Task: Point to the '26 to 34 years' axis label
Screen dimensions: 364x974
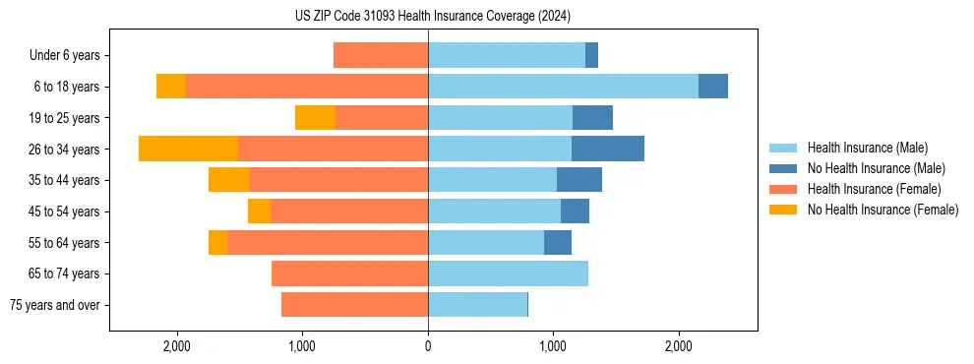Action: [x=65, y=150]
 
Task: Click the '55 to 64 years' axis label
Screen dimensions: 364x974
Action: [x=65, y=243]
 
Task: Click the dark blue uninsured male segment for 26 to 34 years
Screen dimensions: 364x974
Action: [x=607, y=149]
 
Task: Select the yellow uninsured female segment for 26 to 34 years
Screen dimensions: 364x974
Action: [x=188, y=149]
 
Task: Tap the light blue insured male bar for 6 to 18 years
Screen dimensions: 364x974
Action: [x=563, y=87]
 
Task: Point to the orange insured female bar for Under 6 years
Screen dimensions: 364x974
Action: [x=381, y=55]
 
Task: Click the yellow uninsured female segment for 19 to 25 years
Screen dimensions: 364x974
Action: [x=315, y=118]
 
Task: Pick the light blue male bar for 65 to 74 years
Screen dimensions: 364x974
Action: [x=508, y=273]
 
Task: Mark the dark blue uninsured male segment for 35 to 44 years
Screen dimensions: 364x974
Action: [x=578, y=180]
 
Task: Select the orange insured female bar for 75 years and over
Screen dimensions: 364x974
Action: [x=354, y=305]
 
